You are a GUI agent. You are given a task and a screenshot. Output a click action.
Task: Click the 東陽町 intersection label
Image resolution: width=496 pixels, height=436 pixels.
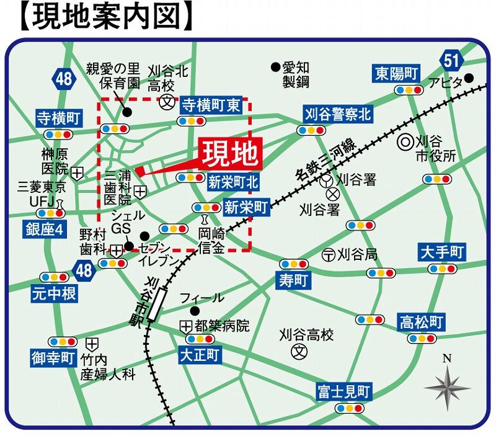397,74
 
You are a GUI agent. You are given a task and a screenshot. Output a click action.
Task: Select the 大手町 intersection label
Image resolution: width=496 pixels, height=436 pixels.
441,252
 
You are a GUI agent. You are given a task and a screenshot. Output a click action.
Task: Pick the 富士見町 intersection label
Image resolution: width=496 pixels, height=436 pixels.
343,392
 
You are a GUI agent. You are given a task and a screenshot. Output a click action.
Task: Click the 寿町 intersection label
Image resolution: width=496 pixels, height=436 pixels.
293,280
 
